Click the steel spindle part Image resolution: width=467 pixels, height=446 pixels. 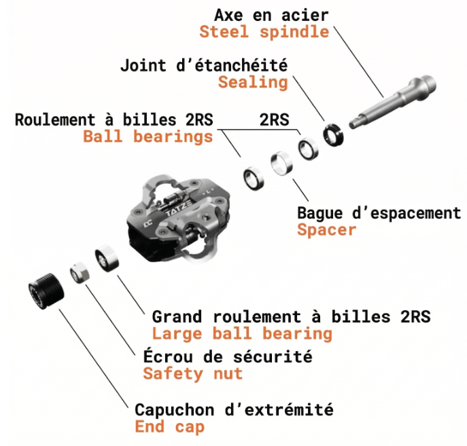(x=393, y=102)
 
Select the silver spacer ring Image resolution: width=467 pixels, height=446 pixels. (x=281, y=163)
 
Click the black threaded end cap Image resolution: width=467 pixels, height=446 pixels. (x=46, y=291)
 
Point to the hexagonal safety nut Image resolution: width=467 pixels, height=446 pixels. (x=80, y=273)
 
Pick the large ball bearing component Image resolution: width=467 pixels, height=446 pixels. (x=107, y=258)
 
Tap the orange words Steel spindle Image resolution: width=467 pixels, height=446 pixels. (x=264, y=32)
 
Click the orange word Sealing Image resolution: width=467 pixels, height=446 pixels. (x=253, y=82)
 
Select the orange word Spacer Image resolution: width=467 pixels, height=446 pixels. (x=327, y=230)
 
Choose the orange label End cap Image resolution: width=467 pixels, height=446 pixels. (x=169, y=426)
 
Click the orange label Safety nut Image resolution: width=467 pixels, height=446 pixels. (x=192, y=373)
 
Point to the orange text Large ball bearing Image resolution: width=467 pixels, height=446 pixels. (x=242, y=333)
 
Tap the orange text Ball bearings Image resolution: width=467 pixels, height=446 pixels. (x=148, y=136)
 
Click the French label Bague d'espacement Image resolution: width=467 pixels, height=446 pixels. (x=379, y=213)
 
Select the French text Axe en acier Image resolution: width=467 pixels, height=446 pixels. (x=271, y=15)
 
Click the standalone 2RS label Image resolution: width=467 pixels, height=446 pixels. (x=274, y=119)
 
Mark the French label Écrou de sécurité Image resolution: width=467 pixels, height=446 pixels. (x=228, y=356)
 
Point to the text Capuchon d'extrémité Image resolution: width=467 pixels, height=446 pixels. (x=234, y=409)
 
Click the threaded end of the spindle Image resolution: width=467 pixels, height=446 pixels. (x=427, y=84)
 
